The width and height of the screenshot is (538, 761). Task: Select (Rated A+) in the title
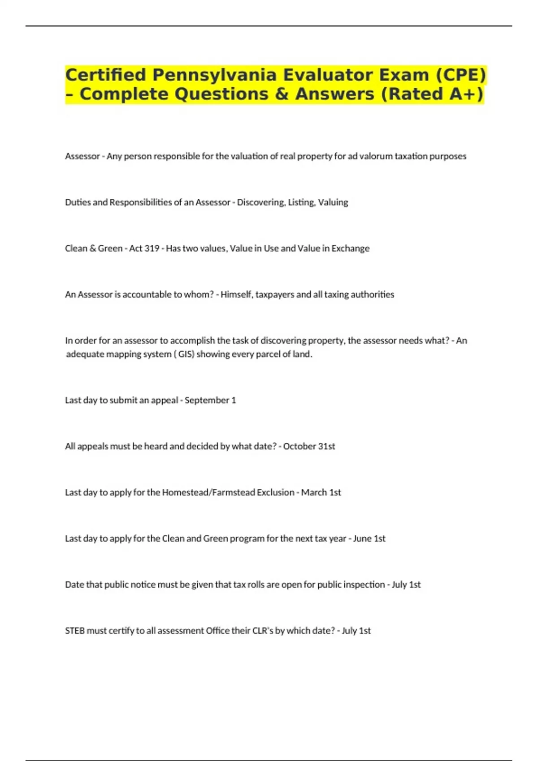pos(433,94)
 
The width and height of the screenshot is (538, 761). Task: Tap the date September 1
pos(210,400)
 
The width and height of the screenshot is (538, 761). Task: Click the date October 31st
pos(309,446)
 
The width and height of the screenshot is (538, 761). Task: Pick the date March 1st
pos(321,492)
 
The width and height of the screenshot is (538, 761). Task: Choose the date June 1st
pos(369,539)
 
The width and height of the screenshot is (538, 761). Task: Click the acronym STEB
pos(74,631)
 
